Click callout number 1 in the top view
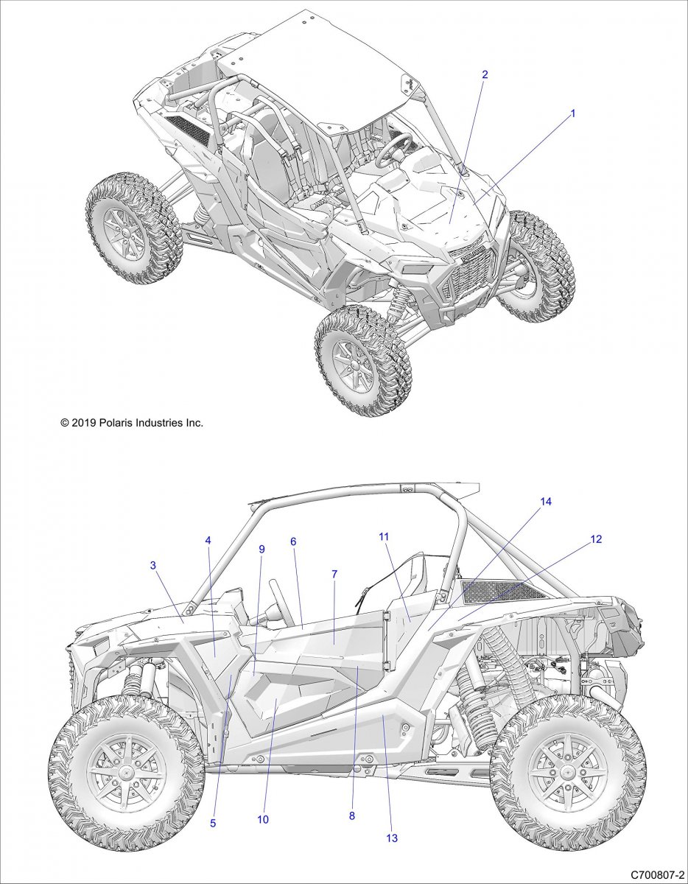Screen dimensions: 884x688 pos(572,113)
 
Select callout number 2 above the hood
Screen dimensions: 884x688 pos(485,74)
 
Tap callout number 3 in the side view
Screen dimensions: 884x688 pos(152,565)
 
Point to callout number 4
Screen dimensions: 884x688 pos(208,540)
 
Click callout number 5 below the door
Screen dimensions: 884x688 pos(213,823)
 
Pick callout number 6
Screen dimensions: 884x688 pos(293,541)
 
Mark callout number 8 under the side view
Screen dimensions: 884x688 pos(352,815)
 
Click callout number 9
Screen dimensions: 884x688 pos(261,549)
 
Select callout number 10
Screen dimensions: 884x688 pos(264,819)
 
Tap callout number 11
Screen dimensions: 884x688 pos(384,537)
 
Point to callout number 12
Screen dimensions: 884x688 pos(596,539)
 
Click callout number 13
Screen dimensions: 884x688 pos(392,838)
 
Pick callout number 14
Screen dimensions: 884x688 pos(546,502)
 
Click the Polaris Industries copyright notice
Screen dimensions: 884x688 pos(132,423)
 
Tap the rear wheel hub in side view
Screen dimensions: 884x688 pos(568,773)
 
